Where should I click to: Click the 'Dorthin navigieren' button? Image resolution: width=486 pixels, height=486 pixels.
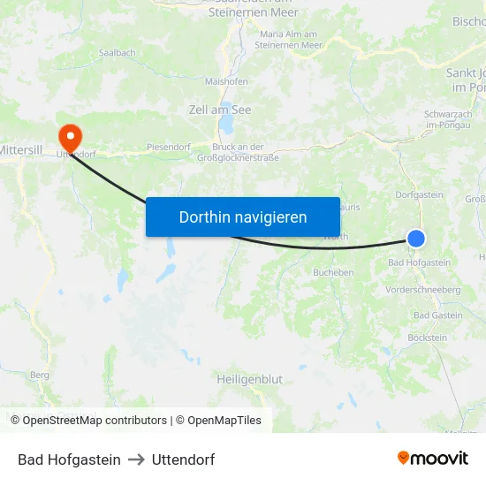point(242,216)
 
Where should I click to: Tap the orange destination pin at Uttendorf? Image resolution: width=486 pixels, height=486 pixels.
point(69,136)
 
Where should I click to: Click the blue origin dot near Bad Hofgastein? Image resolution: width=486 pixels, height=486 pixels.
point(416,238)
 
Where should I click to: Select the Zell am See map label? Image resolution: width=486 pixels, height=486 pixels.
point(220,110)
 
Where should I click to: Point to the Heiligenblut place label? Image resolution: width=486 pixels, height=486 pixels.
point(249,379)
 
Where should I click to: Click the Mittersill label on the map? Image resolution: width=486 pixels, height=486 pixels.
point(27,150)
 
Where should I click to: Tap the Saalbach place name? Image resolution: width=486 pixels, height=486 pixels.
point(117,53)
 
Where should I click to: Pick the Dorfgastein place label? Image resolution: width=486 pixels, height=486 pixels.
point(419,194)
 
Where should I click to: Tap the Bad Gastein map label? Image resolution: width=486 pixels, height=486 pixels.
point(437,315)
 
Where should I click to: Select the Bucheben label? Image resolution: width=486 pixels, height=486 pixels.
point(333,273)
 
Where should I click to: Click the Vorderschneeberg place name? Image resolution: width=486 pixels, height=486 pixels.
point(423,290)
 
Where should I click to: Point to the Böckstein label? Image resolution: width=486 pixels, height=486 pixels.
point(428,338)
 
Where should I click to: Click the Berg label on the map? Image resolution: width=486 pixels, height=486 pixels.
point(40,375)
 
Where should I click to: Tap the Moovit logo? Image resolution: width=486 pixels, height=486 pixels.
point(433,458)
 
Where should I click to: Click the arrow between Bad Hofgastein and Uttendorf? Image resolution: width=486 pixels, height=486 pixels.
point(136,459)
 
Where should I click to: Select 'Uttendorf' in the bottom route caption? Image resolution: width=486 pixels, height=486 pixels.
point(183,459)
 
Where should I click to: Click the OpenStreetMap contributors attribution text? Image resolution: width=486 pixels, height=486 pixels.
point(95,421)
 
